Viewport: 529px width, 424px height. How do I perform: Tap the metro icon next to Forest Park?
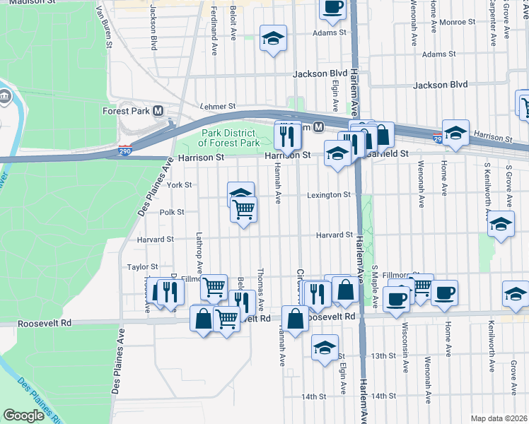[158, 111]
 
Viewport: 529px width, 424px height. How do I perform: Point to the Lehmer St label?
[217, 105]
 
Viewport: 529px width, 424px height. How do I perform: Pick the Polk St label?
[172, 212]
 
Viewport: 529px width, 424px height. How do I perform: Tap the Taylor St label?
[142, 267]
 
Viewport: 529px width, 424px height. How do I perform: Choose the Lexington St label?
[329, 195]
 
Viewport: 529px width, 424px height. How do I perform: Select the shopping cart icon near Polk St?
[243, 209]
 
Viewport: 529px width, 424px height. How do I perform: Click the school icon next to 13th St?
[325, 348]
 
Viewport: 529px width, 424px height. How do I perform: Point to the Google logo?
[24, 416]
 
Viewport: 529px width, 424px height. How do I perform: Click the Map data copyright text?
[499, 418]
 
